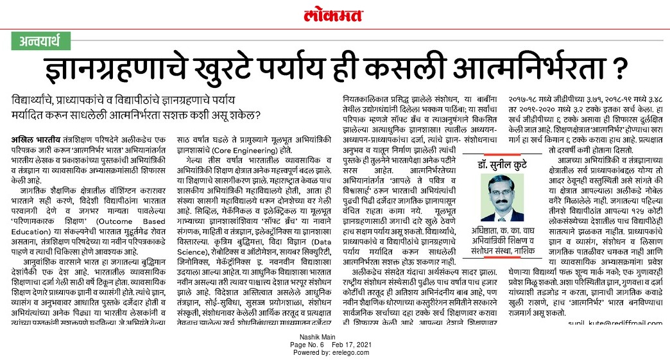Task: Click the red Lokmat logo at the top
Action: tap(334, 14)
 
